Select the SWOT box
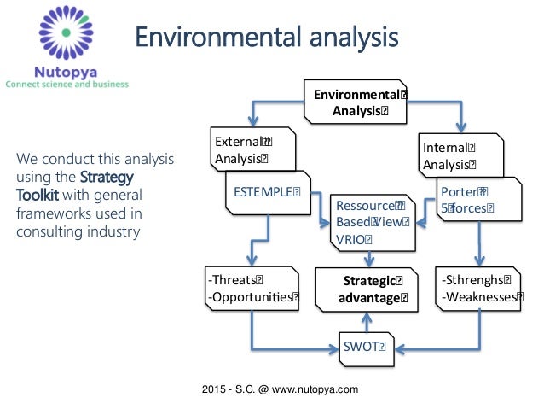(364, 347)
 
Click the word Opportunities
(252, 297)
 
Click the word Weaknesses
(479, 297)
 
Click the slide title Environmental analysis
(268, 38)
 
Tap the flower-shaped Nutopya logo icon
(65, 32)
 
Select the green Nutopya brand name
(65, 72)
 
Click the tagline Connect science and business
(67, 85)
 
